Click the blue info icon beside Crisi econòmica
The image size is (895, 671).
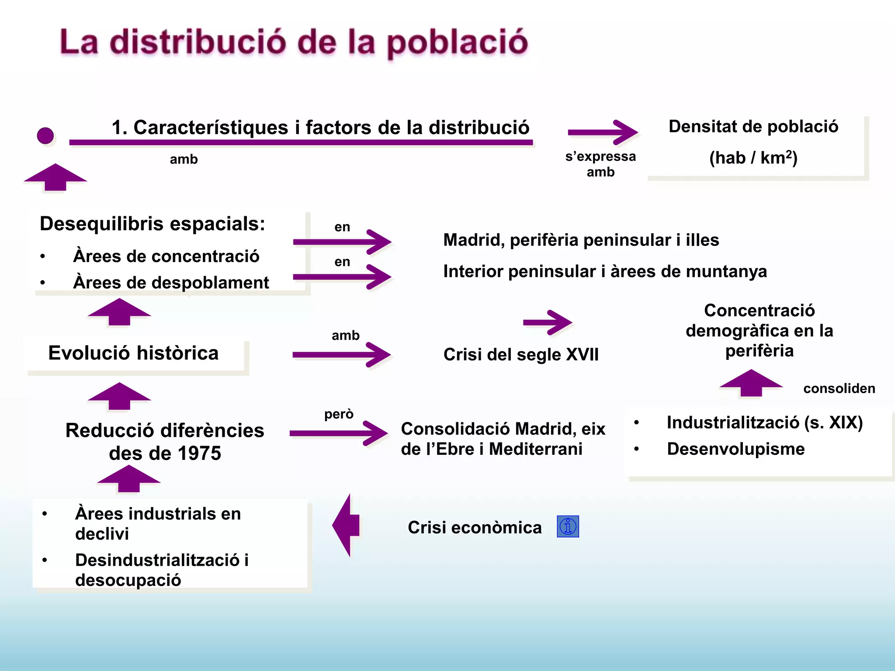click(568, 526)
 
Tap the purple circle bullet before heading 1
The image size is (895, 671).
click(45, 136)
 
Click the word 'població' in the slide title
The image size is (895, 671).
click(458, 43)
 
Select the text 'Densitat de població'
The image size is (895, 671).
click(753, 126)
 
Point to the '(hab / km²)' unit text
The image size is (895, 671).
click(753, 158)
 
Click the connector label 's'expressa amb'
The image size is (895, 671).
click(600, 164)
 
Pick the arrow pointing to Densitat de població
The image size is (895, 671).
click(603, 132)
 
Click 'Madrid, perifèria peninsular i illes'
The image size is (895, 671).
click(581, 240)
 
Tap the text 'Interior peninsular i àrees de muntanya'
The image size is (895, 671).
click(605, 271)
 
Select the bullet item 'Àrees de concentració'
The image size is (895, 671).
click(166, 256)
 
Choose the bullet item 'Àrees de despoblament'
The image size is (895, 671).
click(171, 283)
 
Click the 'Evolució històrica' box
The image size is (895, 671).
click(133, 353)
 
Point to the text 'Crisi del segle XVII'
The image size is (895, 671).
click(521, 354)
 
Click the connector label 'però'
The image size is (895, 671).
click(339, 414)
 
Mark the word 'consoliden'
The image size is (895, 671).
click(839, 388)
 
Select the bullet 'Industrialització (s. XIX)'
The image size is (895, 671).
click(764, 422)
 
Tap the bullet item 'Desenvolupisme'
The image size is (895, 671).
click(735, 449)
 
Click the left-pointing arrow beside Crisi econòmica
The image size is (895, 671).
click(346, 525)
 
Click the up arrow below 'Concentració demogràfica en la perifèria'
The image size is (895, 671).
click(751, 383)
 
